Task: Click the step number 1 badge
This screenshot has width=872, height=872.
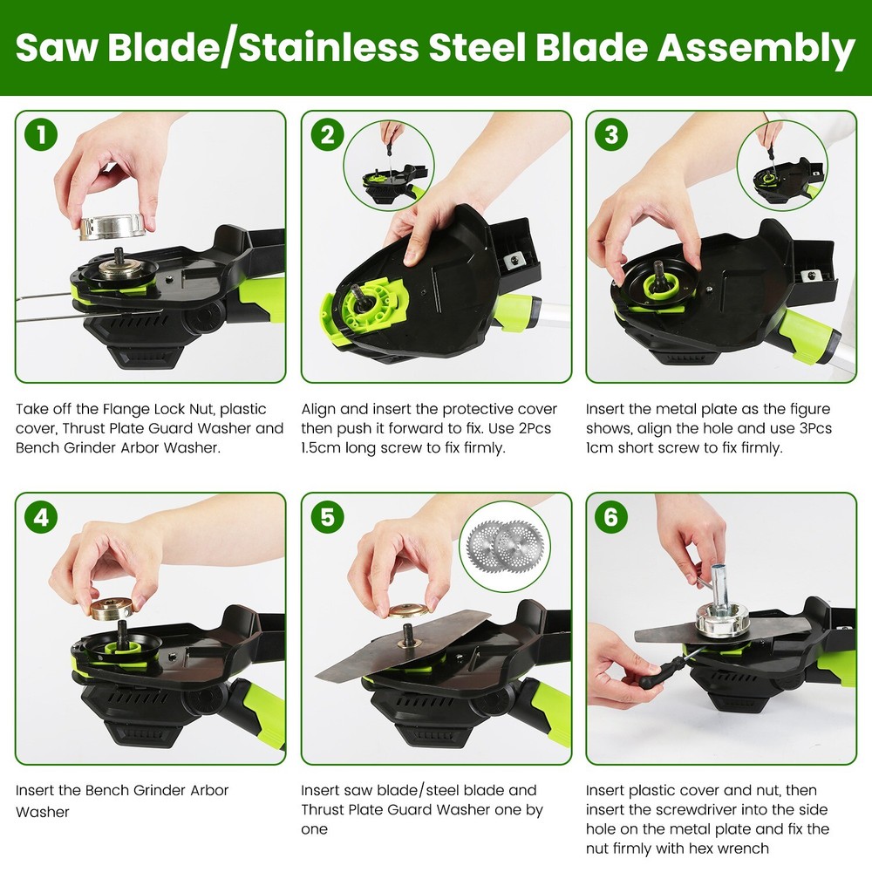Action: (40, 135)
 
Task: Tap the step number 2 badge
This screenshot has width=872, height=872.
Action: (327, 135)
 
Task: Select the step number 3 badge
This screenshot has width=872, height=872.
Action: (611, 135)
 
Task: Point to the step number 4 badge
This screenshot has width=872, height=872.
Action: (40, 518)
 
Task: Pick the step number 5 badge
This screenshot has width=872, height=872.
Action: (327, 518)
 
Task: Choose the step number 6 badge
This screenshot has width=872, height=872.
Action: (611, 518)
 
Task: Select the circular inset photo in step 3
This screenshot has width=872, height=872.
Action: (781, 166)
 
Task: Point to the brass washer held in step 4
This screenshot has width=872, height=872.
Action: (112, 607)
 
